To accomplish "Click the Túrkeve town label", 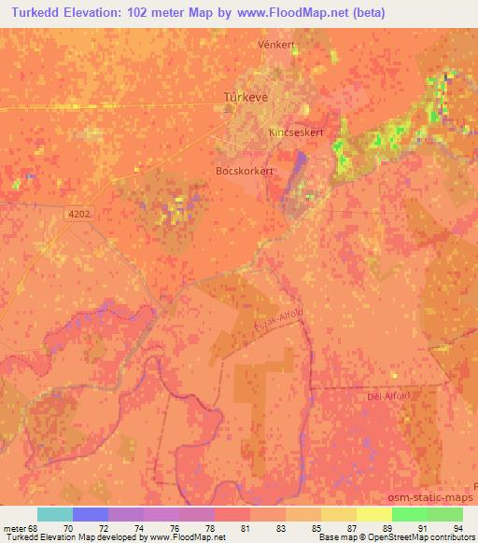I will click(x=247, y=96).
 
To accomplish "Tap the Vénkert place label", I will click(x=276, y=44).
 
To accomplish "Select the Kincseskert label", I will click(x=297, y=132).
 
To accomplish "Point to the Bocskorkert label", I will click(x=246, y=172).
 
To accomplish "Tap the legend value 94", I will click(x=457, y=527).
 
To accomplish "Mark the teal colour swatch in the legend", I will click(x=55, y=514).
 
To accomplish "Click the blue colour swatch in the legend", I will click(x=91, y=514).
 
